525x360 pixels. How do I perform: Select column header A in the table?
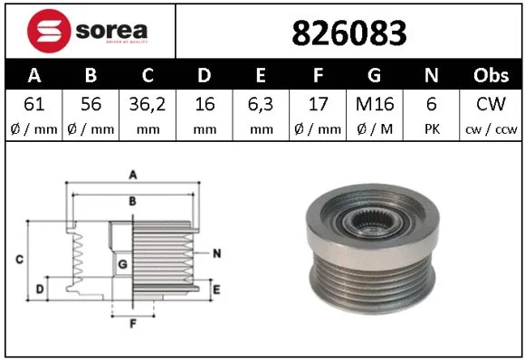[x=34, y=75]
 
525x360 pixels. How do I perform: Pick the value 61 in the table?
[x=34, y=104]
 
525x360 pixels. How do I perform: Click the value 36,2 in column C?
[x=148, y=104]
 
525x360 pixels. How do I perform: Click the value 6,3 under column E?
[x=262, y=104]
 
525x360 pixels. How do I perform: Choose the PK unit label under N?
[x=434, y=128]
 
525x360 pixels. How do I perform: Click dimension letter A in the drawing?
[x=132, y=175]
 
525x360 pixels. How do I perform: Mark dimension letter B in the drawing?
[x=132, y=201]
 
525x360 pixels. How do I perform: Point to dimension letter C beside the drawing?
[x=19, y=261]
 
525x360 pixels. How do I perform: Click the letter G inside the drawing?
[x=122, y=264]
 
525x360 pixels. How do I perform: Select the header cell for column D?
[x=205, y=75]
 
